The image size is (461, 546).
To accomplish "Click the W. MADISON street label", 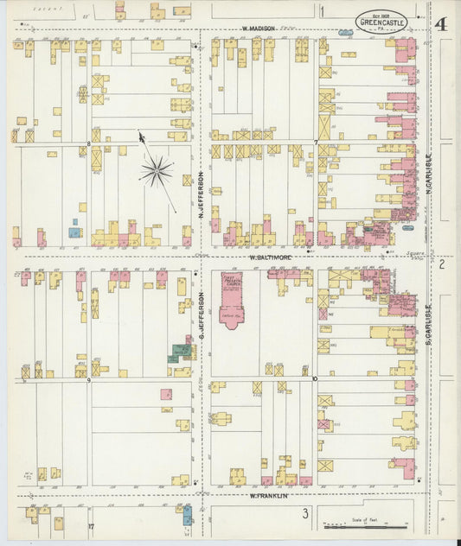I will [259, 29].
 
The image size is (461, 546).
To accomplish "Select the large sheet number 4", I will [441, 23].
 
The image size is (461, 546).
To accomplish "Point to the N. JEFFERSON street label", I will [200, 195].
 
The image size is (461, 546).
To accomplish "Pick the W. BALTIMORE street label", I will [271, 257].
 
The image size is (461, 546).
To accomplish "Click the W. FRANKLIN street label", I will [268, 495].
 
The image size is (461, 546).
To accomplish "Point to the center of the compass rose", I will [157, 171].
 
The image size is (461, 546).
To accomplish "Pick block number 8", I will [88, 143].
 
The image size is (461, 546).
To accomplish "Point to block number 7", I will [316, 143].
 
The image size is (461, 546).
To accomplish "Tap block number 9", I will [88, 380].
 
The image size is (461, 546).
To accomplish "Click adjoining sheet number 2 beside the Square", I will [440, 263].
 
